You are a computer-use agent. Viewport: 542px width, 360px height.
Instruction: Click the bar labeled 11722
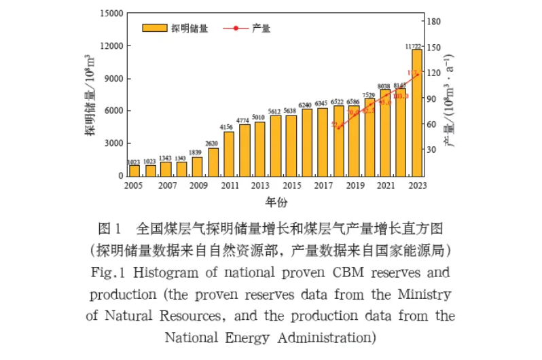point(417,112)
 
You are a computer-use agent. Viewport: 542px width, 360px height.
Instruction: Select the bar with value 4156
point(229,154)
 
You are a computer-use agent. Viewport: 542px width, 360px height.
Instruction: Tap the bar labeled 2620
point(213,162)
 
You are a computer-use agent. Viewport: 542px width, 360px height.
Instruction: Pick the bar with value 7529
point(369,137)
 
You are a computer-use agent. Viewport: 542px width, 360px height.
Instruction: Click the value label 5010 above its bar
point(259,118)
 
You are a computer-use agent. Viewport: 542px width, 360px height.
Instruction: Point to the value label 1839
point(197,152)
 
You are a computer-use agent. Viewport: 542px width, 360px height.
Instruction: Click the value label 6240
point(306,105)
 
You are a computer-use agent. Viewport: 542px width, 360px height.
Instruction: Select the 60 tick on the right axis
point(432,124)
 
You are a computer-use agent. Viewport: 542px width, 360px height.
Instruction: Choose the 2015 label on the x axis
point(291,185)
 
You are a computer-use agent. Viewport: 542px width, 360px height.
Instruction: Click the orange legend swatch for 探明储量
point(154,28)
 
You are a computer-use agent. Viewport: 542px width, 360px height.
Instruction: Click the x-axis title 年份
point(276,202)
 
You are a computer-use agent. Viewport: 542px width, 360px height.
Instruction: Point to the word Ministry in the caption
point(429,295)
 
